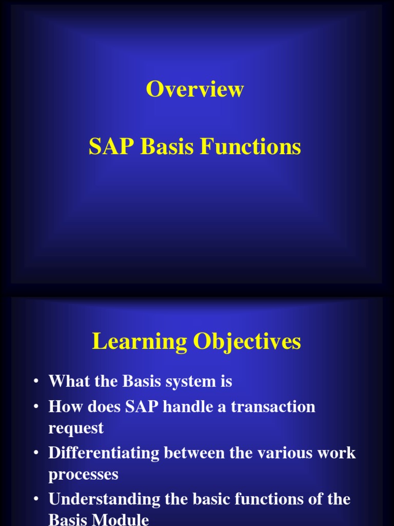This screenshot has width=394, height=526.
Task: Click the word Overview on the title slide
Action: click(x=194, y=89)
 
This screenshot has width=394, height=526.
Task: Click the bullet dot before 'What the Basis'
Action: click(x=36, y=382)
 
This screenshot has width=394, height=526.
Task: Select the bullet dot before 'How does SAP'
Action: click(x=36, y=407)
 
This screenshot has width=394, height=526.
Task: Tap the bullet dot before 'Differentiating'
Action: click(x=36, y=453)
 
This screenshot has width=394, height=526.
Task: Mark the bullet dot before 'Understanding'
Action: click(x=36, y=499)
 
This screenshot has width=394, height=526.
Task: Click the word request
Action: click(x=76, y=428)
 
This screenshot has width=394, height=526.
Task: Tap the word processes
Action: click(x=83, y=474)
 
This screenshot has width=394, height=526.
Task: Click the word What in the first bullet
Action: click(x=67, y=382)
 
